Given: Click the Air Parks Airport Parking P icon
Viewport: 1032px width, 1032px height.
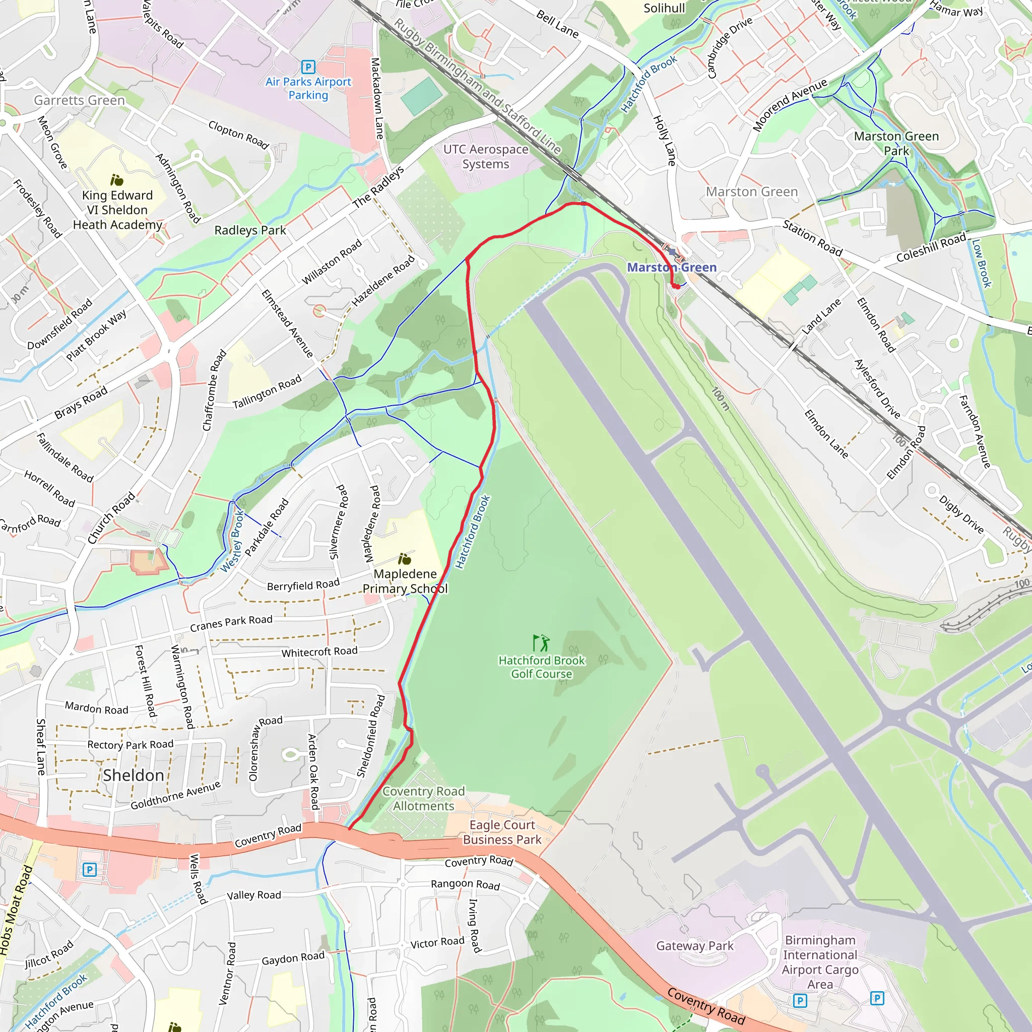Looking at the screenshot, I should point(308,67).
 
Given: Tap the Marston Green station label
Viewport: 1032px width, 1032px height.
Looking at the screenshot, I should point(671,267).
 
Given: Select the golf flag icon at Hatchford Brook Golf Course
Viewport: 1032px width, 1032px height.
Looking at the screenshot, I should point(541,643).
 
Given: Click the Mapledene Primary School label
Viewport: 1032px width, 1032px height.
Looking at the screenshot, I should point(405,581).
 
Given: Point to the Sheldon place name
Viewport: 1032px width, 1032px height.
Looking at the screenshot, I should point(134,775).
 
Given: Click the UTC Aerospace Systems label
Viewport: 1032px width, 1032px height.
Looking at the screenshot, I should point(486,157).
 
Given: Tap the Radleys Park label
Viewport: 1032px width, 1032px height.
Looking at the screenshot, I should point(250,230).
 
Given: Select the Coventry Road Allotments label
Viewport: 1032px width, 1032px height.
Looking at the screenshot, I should point(424,799).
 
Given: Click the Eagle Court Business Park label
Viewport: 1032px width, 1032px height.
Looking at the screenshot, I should point(502,832).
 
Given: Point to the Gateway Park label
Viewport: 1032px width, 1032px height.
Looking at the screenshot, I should point(694,946).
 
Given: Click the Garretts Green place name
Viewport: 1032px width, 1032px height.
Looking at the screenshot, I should point(79,100).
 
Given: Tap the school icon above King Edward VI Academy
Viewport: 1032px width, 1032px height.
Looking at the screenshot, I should point(116,180).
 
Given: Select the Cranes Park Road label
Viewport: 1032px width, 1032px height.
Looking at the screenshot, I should point(231,622).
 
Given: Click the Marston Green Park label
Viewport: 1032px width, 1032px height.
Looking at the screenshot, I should point(896,143).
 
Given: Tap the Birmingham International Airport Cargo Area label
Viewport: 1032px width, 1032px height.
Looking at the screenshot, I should point(820,962).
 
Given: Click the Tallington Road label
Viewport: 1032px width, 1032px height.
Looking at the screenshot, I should point(267,392).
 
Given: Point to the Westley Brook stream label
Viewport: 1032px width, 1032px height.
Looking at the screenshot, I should point(232,541).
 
